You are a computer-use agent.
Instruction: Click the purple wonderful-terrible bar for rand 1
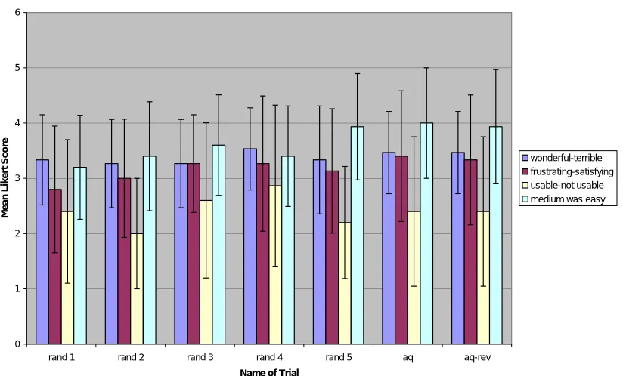[42, 252]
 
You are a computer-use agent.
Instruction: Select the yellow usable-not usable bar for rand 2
[137, 288]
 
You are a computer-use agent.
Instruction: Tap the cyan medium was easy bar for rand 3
[219, 245]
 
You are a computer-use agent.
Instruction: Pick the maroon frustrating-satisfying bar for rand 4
[262, 254]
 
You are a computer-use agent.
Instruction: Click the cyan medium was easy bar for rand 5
[357, 236]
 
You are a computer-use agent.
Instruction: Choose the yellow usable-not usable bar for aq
[414, 278]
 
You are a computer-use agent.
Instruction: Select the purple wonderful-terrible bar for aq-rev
[458, 248]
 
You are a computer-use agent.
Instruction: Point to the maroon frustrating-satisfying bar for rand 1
[55, 267]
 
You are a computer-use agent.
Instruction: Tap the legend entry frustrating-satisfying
[568, 171]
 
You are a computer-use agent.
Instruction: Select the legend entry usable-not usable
[563, 185]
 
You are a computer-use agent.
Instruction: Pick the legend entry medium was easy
[564, 199]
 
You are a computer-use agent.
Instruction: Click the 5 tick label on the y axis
[17, 68]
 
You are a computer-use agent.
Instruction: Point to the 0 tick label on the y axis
[17, 344]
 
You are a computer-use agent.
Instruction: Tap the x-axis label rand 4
[269, 357]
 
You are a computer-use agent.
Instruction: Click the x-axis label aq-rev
[477, 357]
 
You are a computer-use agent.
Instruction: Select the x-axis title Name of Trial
[269, 372]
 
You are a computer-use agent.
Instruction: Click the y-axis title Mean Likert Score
[5, 177]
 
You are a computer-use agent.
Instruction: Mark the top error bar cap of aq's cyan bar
[426, 68]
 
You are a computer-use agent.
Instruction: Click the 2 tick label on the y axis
[17, 233]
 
